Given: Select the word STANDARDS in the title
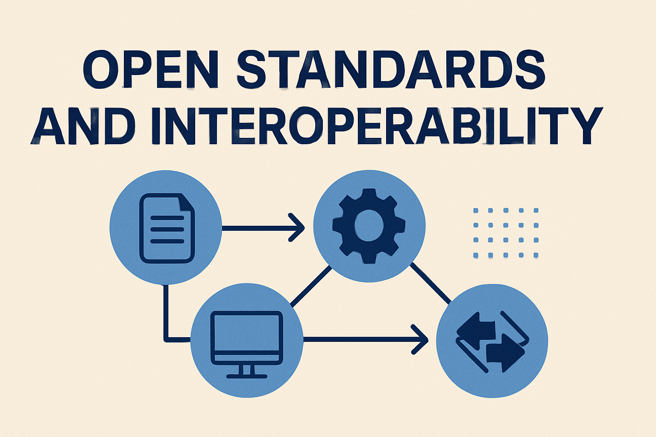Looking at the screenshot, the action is (390, 69).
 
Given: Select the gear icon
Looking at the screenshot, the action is (369, 226).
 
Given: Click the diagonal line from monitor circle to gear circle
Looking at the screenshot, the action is (310, 286).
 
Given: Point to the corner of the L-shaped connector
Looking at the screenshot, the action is (166, 340).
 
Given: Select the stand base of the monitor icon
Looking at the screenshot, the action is (247, 376).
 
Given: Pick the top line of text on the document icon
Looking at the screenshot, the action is (167, 218).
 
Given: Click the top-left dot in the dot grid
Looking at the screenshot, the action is (476, 210).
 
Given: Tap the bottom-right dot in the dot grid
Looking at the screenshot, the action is (536, 255).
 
